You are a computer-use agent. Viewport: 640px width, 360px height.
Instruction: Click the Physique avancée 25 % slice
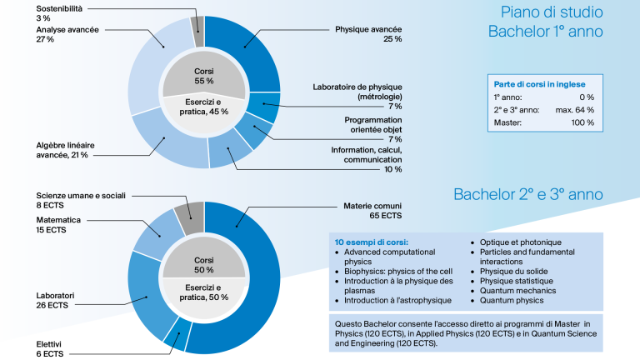pos(249,49)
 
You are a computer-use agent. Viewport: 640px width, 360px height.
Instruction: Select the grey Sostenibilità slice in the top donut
pos(197,32)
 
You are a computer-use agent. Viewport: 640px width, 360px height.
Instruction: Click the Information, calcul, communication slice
pos(230,151)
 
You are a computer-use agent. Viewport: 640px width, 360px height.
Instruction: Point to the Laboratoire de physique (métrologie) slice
pos(264,106)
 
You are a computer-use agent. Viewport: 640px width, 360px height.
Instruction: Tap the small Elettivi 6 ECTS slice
pos(177,335)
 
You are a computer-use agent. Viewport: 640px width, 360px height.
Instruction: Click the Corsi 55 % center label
pos(203,77)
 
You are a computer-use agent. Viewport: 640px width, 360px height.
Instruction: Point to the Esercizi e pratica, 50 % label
pos(203,292)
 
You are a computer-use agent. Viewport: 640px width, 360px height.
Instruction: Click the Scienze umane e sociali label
pos(81,196)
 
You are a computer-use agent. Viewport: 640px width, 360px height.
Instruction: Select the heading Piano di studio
pos(552,12)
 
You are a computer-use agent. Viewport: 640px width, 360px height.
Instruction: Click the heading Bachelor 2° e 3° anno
pos(528,194)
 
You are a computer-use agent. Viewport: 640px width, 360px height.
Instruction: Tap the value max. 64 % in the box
pos(575,110)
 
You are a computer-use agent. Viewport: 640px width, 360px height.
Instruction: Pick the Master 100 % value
pos(582,122)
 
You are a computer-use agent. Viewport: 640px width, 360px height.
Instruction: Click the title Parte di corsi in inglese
pos(540,84)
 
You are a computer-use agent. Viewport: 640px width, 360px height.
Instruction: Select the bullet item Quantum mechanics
pos(517,291)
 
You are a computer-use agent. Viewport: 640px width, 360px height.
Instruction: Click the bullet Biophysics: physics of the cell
pos(398,272)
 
